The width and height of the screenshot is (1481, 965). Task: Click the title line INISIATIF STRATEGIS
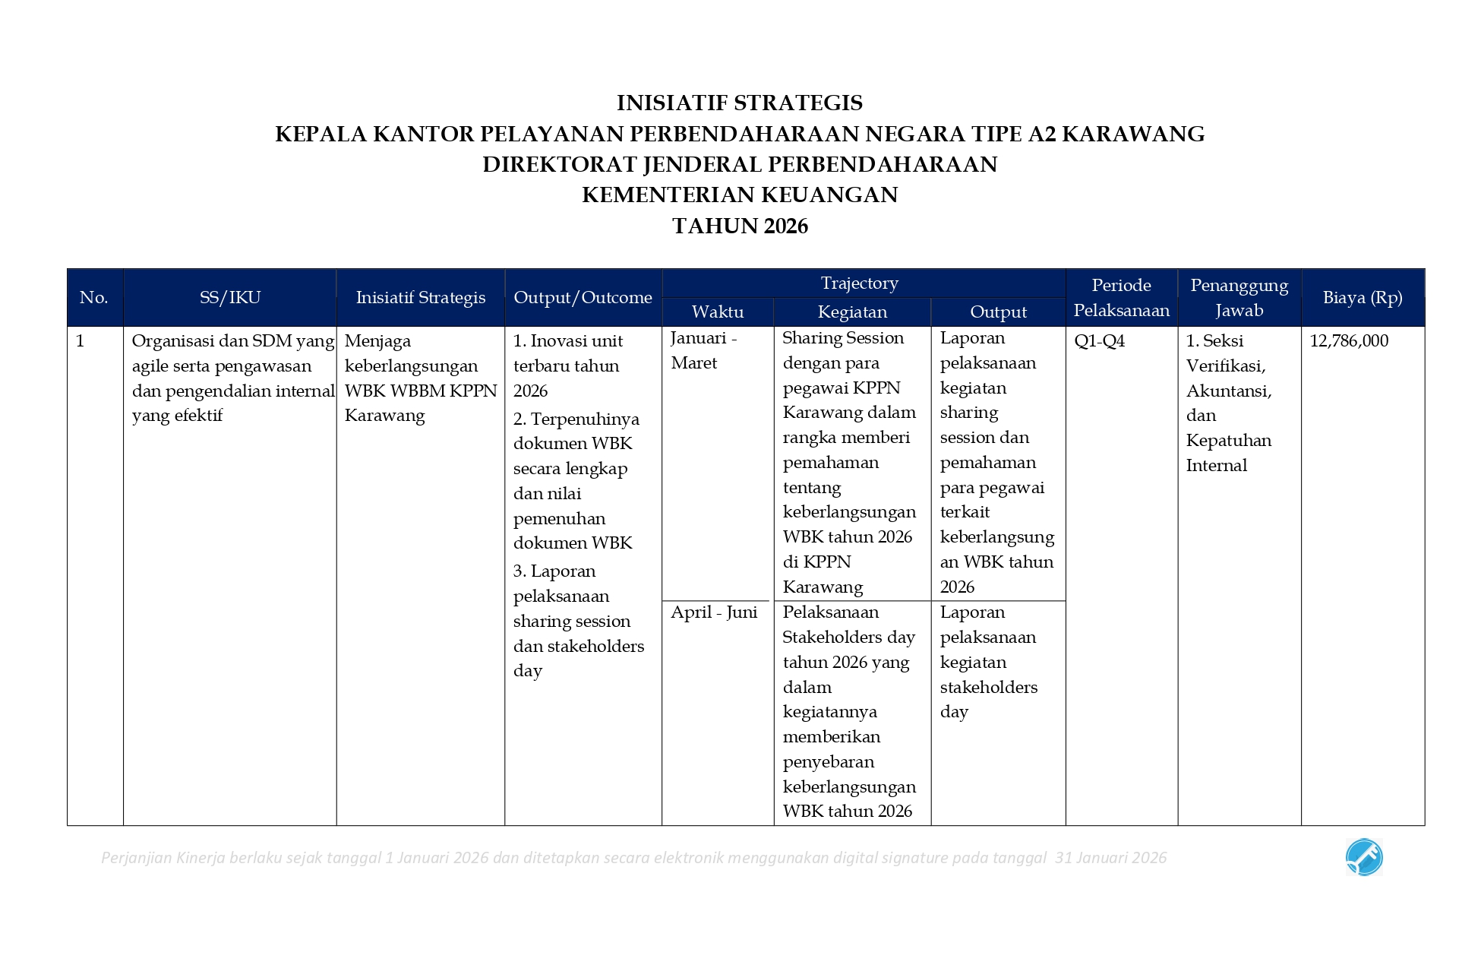pos(739,103)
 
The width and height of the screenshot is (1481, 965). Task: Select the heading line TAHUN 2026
pos(740,226)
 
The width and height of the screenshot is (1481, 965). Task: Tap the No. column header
pos(94,297)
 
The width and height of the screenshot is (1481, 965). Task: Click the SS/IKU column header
pos(229,297)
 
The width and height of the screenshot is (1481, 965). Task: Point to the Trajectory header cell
pos(859,283)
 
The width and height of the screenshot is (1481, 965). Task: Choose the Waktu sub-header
pos(717,312)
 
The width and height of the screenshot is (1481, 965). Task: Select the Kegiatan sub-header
pos(852,312)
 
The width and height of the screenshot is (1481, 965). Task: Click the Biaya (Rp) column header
pos(1362,297)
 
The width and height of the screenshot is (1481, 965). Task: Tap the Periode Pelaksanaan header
pos(1121,297)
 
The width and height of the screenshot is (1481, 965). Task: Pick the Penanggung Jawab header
pos(1239,297)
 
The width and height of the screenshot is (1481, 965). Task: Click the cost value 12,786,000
pos(1348,340)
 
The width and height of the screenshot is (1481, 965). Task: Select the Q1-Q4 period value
pos(1099,340)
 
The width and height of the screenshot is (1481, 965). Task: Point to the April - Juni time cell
pos(714,612)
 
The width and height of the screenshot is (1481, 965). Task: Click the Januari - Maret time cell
pos(703,350)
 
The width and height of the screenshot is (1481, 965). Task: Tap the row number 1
pos(81,340)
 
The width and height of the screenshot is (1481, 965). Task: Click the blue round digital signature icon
pos(1364,857)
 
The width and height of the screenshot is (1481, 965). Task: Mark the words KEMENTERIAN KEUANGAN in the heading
pos(740,195)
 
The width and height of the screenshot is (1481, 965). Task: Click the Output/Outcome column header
pos(583,297)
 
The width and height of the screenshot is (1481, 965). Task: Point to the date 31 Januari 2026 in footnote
pos(1110,858)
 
